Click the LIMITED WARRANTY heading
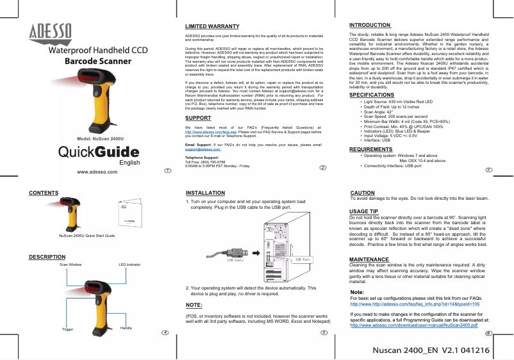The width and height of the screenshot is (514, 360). [208, 26]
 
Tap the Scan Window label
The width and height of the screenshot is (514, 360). [70, 264]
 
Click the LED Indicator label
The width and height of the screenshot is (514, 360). [129, 264]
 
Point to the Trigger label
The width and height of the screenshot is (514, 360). [67, 329]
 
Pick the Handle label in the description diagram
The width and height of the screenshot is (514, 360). [126, 327]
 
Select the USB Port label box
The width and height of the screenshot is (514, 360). [303, 259]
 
